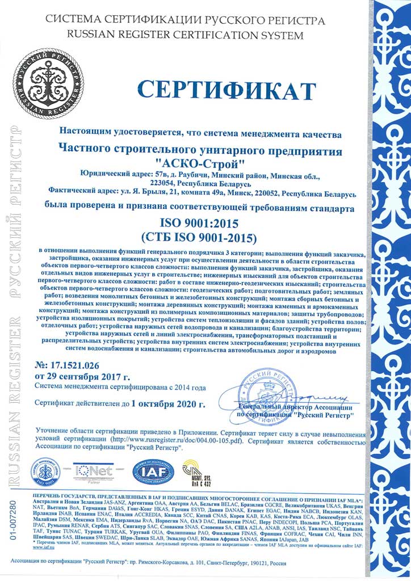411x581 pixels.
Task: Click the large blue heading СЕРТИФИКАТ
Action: [227, 91]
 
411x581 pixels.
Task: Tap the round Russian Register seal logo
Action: [43, 77]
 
